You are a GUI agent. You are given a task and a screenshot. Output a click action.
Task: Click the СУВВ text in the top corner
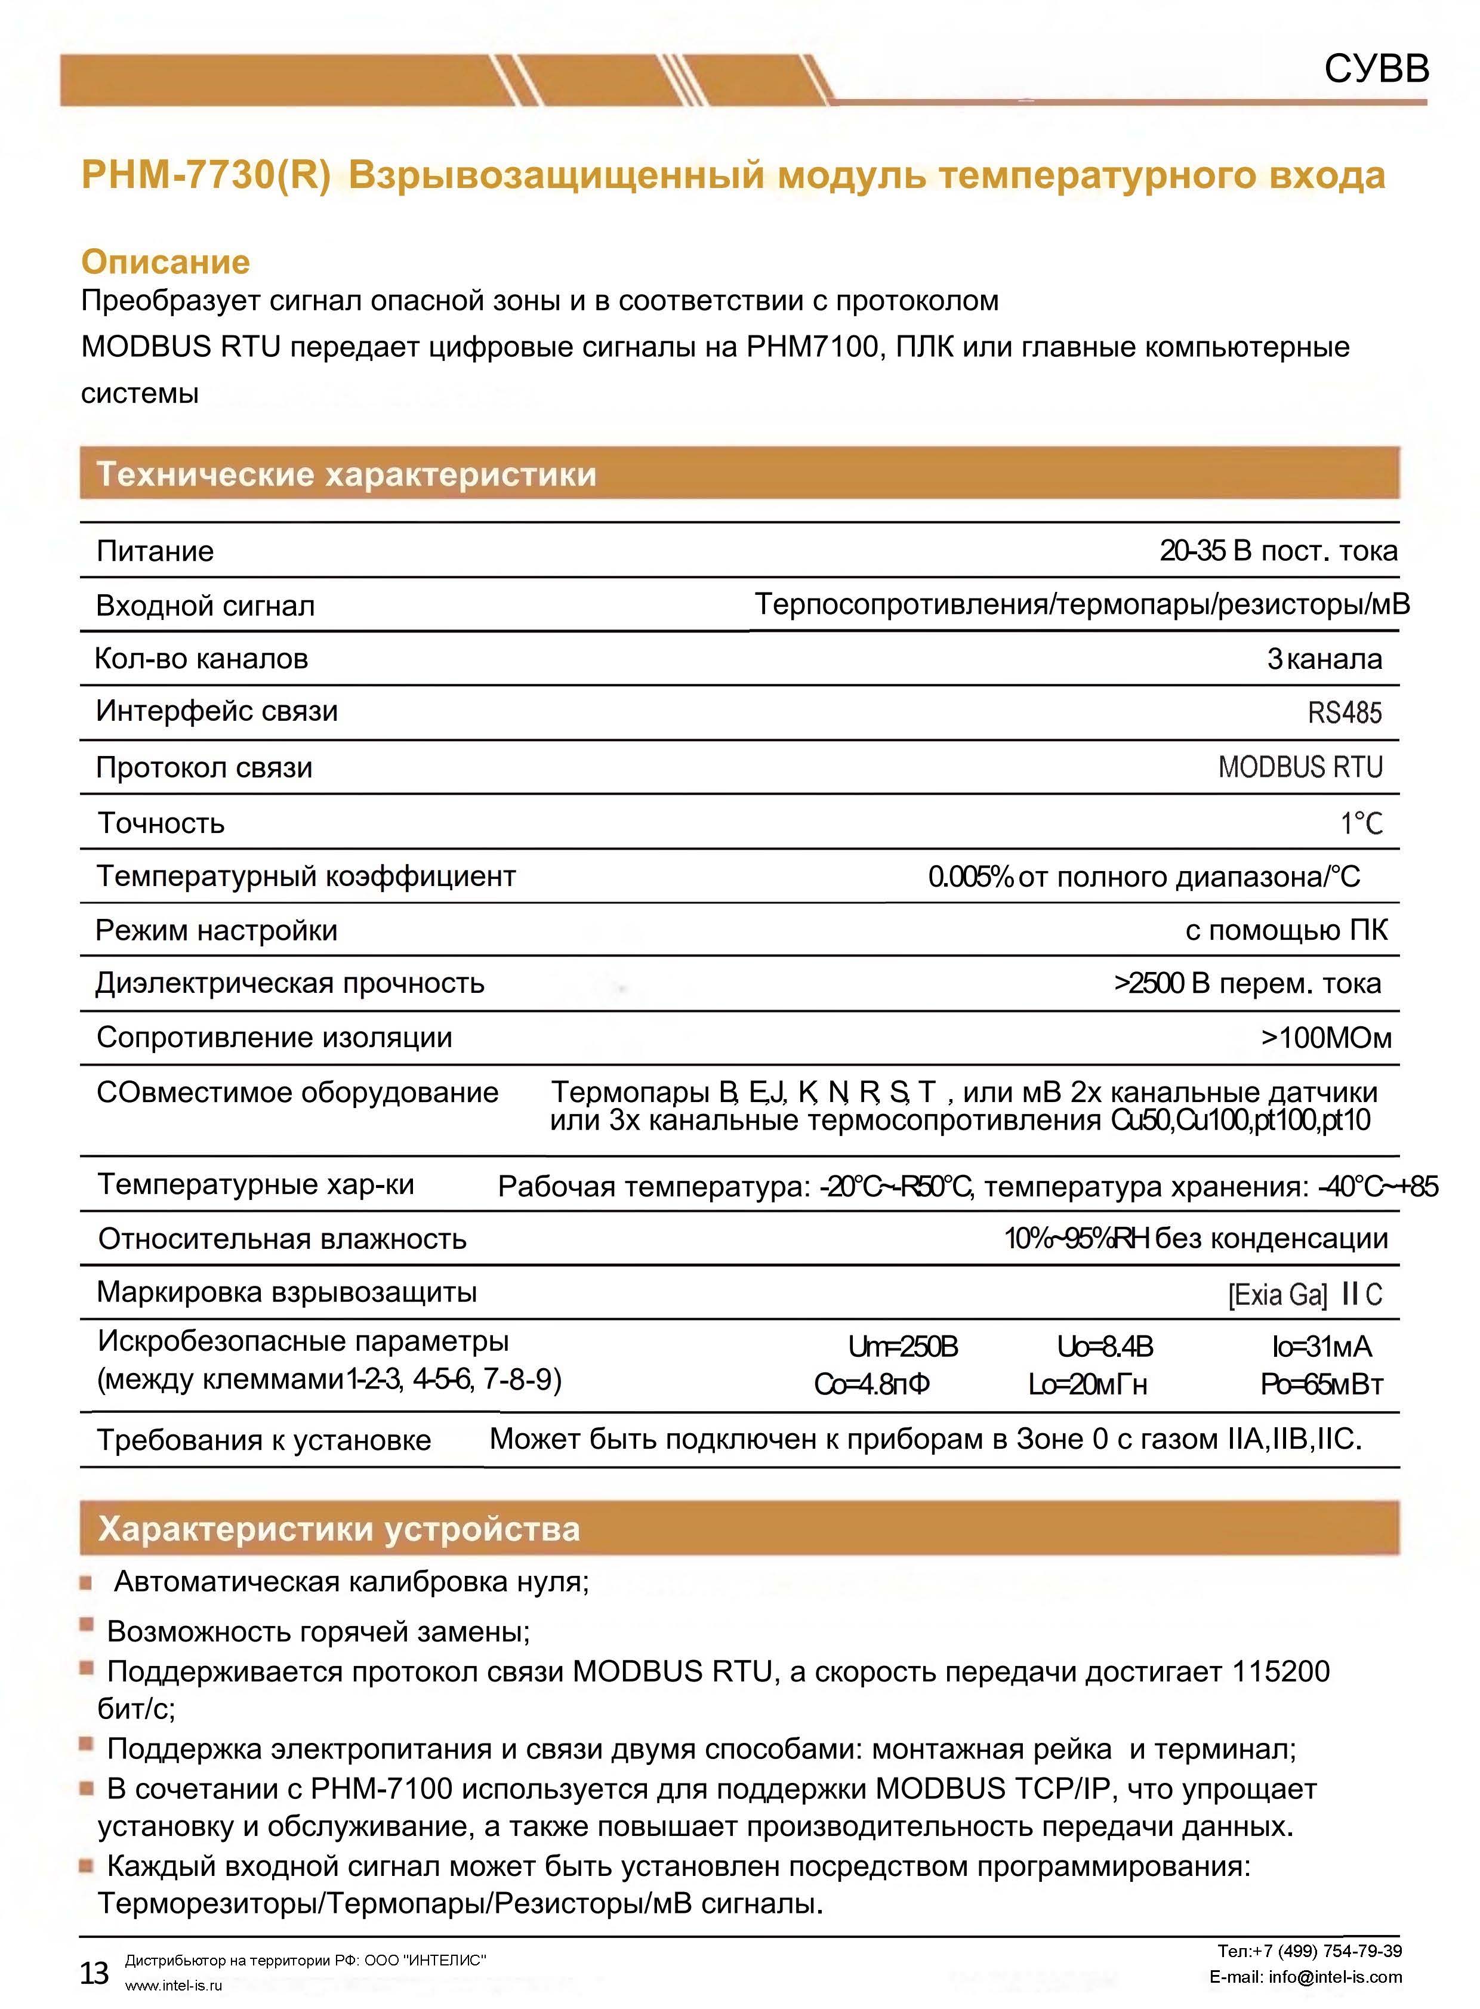point(1376,68)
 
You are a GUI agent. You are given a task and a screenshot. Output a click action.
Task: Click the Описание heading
point(166,261)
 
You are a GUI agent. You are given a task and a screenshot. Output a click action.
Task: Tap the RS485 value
point(1344,713)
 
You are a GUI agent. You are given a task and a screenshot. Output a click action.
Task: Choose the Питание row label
point(155,551)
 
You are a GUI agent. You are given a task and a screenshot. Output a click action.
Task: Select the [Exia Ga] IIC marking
point(1305,1294)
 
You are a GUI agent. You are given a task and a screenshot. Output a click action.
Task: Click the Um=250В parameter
point(902,1347)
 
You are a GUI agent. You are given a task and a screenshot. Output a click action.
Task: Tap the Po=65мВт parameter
point(1321,1385)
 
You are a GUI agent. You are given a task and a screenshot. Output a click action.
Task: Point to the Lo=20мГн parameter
point(1087,1385)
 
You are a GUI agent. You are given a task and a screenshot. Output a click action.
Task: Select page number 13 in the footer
point(94,1972)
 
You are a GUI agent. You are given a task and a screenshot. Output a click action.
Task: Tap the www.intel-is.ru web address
point(173,1985)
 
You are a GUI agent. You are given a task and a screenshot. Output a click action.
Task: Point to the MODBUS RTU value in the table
point(1300,767)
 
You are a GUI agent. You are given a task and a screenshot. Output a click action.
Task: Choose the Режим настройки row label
point(217,931)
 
